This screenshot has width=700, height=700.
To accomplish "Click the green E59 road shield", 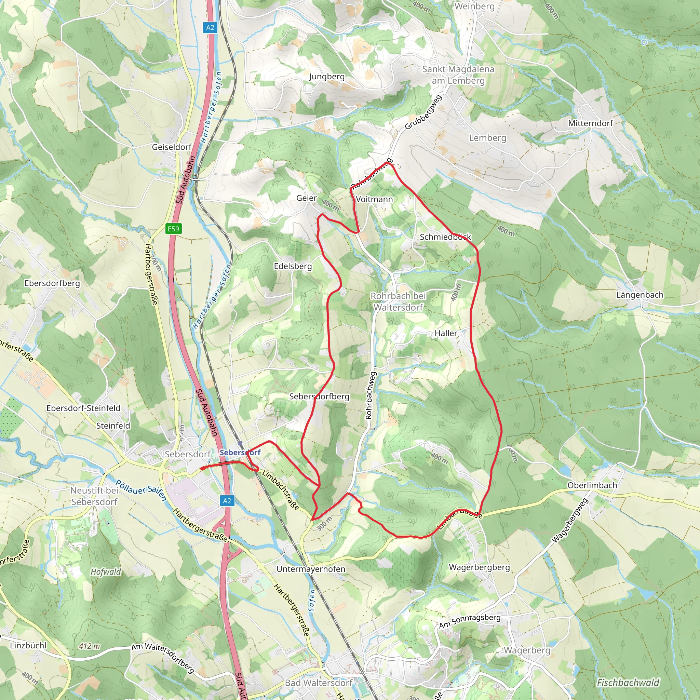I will point(173,229).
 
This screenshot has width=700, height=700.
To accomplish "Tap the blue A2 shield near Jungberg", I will point(210,28).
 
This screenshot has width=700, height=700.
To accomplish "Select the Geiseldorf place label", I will point(172,147).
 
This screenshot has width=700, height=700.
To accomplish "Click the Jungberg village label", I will point(327,77).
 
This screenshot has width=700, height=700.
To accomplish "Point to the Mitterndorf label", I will point(590,123).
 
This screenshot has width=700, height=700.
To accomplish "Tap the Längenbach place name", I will point(640,295).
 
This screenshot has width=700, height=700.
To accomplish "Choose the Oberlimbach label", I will point(592,485).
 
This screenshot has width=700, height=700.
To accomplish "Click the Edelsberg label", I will point(293,266).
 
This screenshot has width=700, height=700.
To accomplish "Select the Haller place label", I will point(446,333).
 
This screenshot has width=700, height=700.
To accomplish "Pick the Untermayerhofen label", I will point(311,569).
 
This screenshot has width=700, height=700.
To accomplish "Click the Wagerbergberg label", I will point(479,567).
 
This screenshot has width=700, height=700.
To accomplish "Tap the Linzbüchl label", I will point(28,645).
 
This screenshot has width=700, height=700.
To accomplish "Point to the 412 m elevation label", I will point(90,646).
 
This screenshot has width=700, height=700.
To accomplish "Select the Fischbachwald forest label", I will point(628,683).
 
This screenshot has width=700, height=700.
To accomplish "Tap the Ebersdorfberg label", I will point(52,283).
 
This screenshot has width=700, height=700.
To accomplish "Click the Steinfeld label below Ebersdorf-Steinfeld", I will point(113,425).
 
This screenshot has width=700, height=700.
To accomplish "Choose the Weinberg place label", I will point(474,6).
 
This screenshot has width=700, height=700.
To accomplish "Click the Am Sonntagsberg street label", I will point(470,621).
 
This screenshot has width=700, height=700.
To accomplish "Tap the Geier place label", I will point(307,198).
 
